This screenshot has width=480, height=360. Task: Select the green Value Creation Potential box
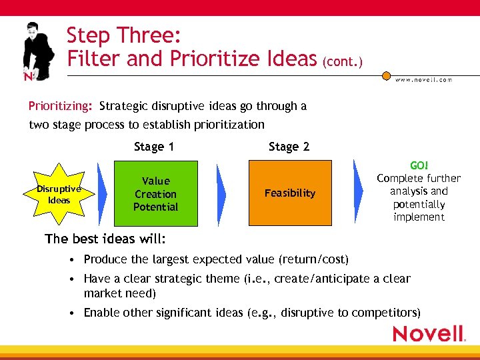(x=155, y=193)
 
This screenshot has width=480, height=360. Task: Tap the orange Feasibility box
(x=289, y=193)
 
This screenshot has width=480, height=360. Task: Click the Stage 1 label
(x=153, y=147)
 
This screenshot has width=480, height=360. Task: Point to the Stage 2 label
(x=289, y=147)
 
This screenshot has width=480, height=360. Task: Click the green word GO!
(x=419, y=165)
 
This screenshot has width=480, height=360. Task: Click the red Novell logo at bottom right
(x=428, y=333)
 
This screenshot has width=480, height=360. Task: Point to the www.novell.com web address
(x=423, y=79)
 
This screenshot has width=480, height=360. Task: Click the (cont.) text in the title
(x=343, y=63)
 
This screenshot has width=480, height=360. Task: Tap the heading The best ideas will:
(x=105, y=239)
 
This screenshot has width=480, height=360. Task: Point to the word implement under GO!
(x=419, y=217)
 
